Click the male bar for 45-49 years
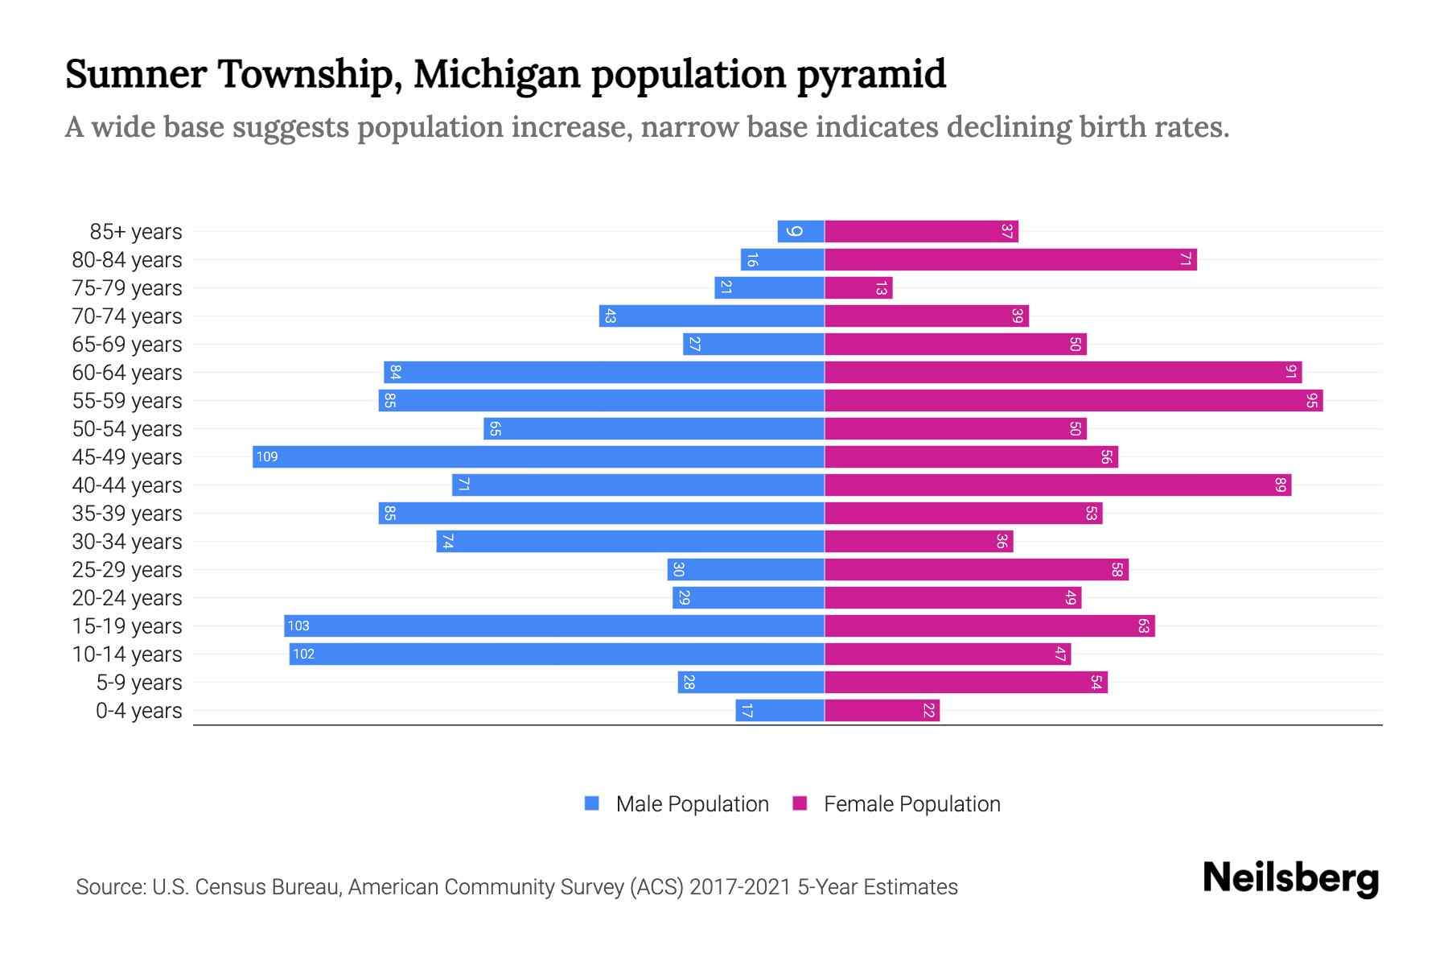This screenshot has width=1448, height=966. pyautogui.click(x=538, y=456)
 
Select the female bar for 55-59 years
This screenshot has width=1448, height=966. pyautogui.click(x=1073, y=400)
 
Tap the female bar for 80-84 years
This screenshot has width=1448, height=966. pyautogui.click(x=1010, y=259)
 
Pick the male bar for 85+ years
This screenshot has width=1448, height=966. pyautogui.click(x=800, y=231)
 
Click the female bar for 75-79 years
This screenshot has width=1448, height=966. pyautogui.click(x=858, y=287)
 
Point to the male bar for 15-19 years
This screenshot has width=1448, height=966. pyautogui.click(x=554, y=625)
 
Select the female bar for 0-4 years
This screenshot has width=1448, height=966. pyautogui.click(x=882, y=710)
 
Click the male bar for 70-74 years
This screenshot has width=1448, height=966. pyautogui.click(x=712, y=316)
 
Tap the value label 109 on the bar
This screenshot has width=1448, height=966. pyautogui.click(x=267, y=456)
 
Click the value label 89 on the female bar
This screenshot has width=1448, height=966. pyautogui.click(x=1281, y=485)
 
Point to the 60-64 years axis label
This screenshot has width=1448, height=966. pyautogui.click(x=127, y=373)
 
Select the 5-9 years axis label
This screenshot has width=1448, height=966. pyautogui.click(x=139, y=683)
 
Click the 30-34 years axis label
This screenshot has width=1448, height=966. pyautogui.click(x=127, y=542)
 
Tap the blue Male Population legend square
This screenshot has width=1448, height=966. pyautogui.click(x=592, y=803)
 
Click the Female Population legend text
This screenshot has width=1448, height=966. pyautogui.click(x=911, y=803)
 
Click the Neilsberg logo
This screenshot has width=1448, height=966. pyautogui.click(x=1290, y=878)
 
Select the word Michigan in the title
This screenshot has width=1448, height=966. pyautogui.click(x=496, y=74)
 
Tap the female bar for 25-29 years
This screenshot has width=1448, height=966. pyautogui.click(x=976, y=569)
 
